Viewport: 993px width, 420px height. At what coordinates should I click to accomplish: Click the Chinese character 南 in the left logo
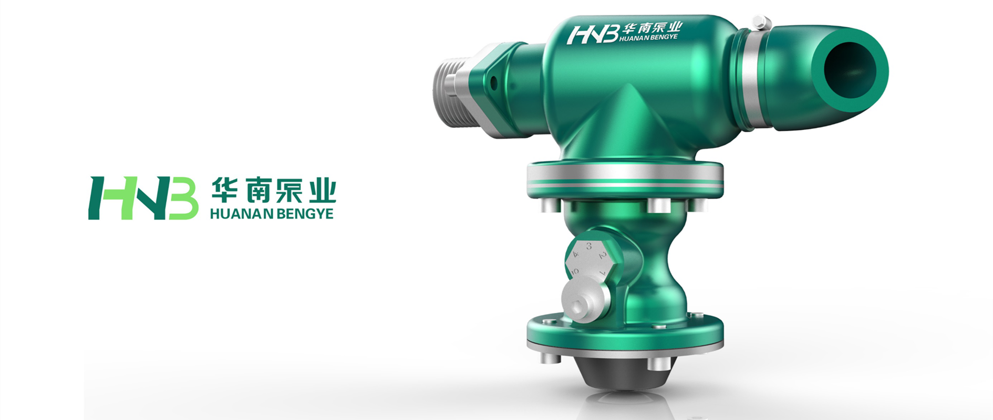(257, 190)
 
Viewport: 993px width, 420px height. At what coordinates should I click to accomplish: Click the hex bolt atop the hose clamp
(760, 23)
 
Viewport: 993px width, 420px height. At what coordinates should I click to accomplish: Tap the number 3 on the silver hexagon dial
(589, 246)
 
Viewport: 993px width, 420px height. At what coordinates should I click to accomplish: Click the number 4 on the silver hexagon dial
(575, 254)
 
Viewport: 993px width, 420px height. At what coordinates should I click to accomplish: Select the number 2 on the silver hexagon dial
(603, 256)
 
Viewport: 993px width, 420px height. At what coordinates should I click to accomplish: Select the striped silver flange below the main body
(625, 178)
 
